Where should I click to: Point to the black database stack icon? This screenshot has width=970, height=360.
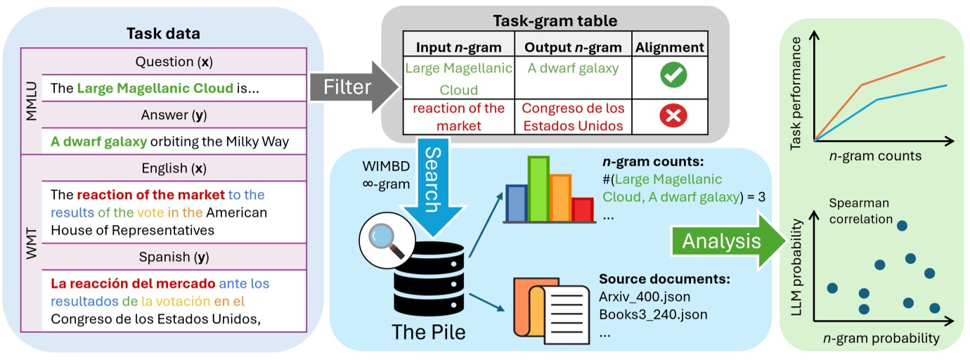click(429, 281)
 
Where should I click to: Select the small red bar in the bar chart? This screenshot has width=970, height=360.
click(583, 209)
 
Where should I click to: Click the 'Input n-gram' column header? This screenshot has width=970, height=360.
click(458, 47)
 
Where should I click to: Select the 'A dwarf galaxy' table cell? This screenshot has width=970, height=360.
click(574, 68)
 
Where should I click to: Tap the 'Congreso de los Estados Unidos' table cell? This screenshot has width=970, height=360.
click(572, 117)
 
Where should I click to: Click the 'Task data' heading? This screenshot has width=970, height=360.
click(163, 32)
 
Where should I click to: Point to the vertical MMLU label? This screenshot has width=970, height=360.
click(30, 103)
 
